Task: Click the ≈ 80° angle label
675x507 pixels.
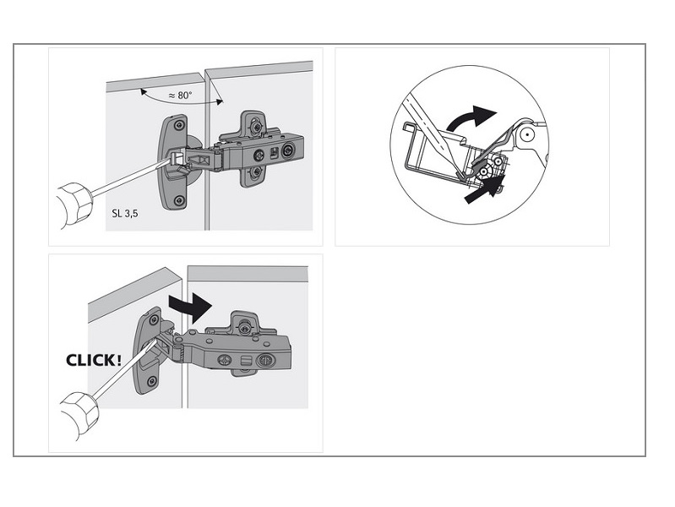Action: (x=181, y=95)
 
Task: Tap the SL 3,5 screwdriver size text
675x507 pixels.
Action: (x=125, y=213)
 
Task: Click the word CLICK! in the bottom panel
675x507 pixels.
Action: (x=94, y=360)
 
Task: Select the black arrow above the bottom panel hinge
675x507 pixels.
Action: (x=190, y=307)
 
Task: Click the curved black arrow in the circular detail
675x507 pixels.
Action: (x=471, y=117)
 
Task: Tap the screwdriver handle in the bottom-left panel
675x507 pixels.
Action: (x=79, y=414)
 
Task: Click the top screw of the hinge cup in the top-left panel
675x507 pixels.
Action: (x=179, y=125)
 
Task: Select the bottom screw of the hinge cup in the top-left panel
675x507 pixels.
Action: (x=179, y=201)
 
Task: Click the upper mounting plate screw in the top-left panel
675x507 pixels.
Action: (x=257, y=127)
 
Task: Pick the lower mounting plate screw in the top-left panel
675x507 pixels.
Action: (x=257, y=172)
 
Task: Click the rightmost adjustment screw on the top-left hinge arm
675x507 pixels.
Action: (x=287, y=151)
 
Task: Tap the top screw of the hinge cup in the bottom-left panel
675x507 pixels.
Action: (x=153, y=320)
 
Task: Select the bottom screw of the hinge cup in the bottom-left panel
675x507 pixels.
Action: (x=151, y=381)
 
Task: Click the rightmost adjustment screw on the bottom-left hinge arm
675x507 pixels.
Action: (x=264, y=359)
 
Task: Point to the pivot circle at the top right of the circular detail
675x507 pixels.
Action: (x=526, y=135)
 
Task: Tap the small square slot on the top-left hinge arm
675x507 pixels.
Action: (x=274, y=152)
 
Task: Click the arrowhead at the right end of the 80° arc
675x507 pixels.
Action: (x=220, y=101)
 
